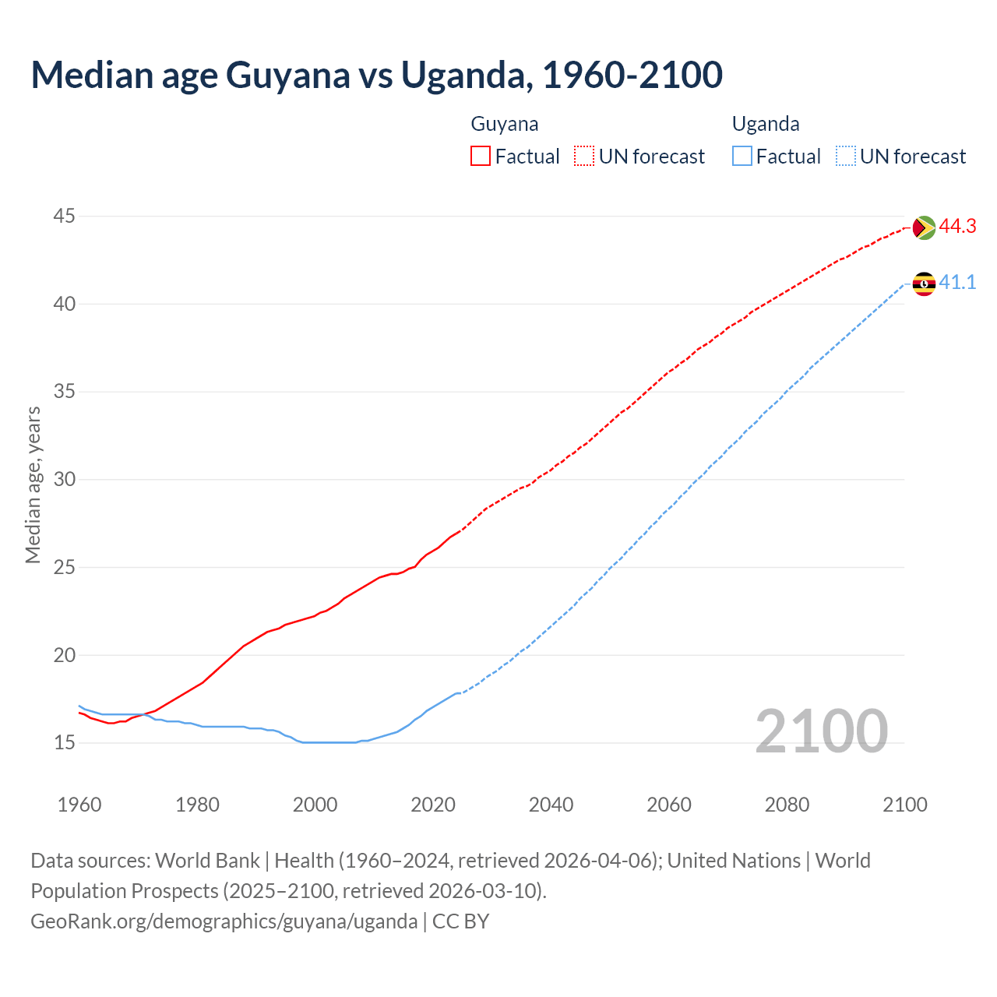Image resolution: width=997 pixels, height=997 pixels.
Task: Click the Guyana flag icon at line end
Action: click(924, 227)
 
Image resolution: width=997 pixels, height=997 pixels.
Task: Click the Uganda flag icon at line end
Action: click(924, 284)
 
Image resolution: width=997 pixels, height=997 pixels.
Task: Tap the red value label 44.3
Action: click(957, 227)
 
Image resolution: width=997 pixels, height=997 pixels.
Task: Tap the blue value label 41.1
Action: click(957, 283)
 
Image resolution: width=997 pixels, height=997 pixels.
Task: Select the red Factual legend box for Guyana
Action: click(481, 156)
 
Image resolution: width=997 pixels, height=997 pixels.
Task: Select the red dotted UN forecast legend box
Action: click(584, 156)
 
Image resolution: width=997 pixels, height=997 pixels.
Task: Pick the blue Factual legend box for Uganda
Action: click(742, 156)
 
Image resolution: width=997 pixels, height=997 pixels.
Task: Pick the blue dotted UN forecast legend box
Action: click(846, 156)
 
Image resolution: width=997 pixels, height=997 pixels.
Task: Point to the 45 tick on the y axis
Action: click(65, 216)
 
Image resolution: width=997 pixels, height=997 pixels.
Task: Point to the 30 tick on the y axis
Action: click(65, 479)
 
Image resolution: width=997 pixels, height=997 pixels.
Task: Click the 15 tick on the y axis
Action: click(65, 742)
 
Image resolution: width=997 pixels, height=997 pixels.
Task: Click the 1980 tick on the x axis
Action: click(197, 805)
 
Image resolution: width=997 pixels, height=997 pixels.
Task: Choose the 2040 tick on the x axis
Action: click(551, 805)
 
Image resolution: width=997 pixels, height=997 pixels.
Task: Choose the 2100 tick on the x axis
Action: click(904, 805)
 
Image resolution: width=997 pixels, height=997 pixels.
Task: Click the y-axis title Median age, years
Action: click(33, 484)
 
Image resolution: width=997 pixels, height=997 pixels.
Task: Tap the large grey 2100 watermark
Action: click(821, 731)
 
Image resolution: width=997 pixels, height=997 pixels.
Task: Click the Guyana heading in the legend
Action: click(505, 124)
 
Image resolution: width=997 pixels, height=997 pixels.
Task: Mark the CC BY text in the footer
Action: click(460, 921)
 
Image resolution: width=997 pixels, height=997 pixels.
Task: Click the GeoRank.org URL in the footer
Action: click(224, 921)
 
